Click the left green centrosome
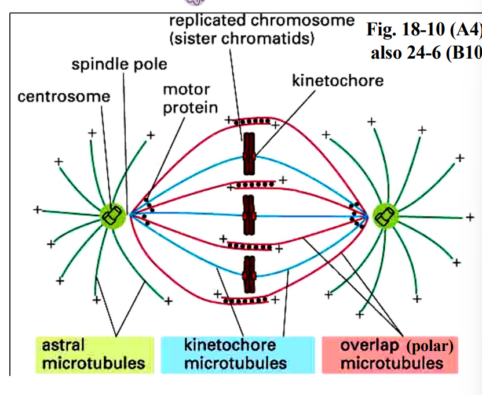(111, 216)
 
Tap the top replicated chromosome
(249, 154)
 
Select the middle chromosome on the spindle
(249, 216)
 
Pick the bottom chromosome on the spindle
(249, 274)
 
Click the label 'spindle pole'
(119, 64)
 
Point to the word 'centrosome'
(64, 96)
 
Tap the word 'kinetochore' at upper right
(338, 80)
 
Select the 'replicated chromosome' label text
(262, 20)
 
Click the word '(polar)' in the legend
(429, 347)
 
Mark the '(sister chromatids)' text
(242, 39)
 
